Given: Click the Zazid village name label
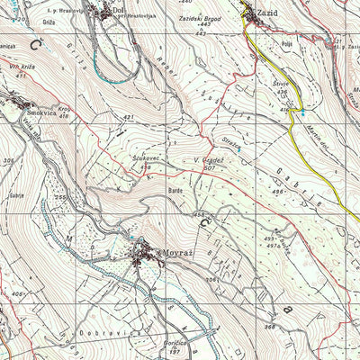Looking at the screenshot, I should coord(267,13).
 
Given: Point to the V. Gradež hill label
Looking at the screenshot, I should coord(208,160).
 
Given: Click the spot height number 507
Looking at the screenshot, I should coord(210,168).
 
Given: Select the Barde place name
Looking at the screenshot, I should coord(175,191).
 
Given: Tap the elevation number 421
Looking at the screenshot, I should coord(129,117).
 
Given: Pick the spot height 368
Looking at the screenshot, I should coord(269,327).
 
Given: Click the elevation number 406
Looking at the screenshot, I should coord(17,293).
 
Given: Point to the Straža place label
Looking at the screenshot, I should coord(229,140).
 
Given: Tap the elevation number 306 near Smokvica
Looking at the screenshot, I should coord(9,159).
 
